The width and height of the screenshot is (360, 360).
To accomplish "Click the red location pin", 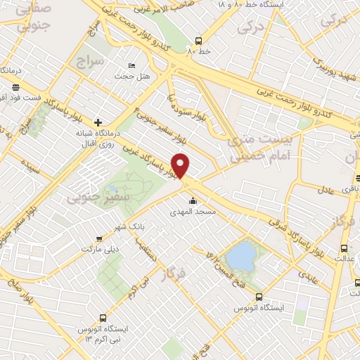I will [x=181, y=165].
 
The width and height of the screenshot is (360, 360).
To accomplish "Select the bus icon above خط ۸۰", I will [x=200, y=40].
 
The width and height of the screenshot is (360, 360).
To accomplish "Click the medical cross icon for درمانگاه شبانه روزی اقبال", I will [x=98, y=122].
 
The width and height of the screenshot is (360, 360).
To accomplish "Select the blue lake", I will [x=241, y=255].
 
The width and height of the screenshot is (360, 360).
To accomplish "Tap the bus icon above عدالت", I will [x=344, y=248].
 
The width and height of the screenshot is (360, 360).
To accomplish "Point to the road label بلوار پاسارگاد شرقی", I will [x=295, y=234].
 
